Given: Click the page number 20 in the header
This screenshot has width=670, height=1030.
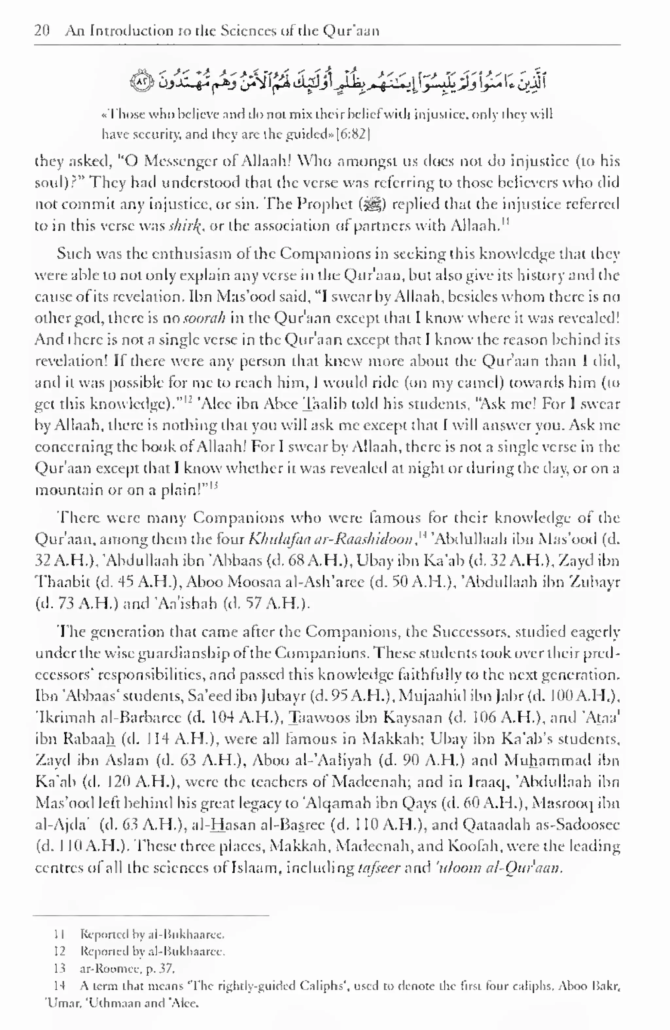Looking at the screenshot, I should (x=42, y=31).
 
